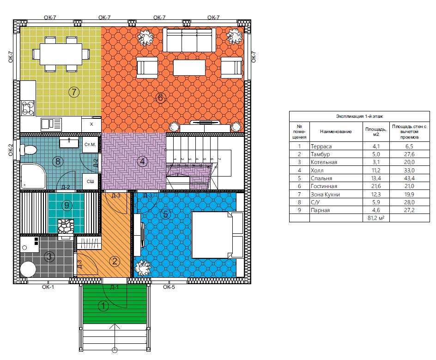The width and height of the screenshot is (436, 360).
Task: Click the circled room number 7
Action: click(74, 92)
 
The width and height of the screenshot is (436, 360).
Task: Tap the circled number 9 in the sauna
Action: click(67, 205)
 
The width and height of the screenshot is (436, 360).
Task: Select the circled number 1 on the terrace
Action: click(103, 306)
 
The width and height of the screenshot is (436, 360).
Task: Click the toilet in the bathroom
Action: click(28, 150)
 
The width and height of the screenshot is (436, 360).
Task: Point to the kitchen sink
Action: click(51, 124)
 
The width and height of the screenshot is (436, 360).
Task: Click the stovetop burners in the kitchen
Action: click(28, 108)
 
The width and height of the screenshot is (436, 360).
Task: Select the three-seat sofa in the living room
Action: click(189, 40)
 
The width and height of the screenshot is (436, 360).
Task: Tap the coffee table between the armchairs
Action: click(189, 67)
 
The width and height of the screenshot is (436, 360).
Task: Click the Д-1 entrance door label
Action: click(114, 287)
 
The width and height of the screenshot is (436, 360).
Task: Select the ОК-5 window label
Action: click(169, 287)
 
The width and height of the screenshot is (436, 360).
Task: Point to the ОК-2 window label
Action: click(11, 150)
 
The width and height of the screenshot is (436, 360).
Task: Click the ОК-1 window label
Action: click(48, 287)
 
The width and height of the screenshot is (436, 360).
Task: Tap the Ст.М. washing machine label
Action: click(90, 145)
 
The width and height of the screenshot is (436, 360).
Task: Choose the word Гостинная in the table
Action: click(324, 186)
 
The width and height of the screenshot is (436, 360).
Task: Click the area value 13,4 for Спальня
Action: click(375, 178)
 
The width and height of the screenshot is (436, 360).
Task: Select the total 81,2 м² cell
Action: click(376, 218)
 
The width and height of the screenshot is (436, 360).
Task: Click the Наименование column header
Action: click(336, 132)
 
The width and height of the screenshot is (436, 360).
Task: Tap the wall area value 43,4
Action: click(409, 178)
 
